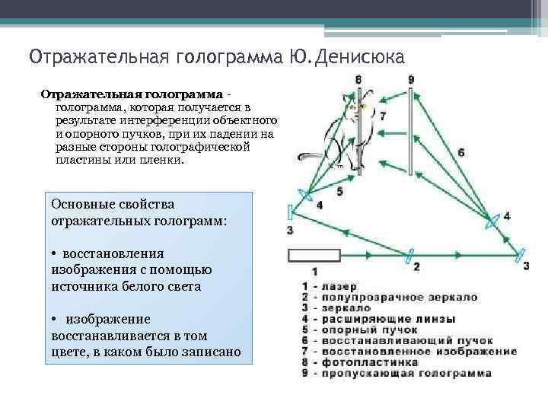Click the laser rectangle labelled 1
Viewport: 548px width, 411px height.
click(x=314, y=254)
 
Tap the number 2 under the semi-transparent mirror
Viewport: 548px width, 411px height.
click(x=416, y=266)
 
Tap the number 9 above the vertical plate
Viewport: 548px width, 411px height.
click(x=411, y=79)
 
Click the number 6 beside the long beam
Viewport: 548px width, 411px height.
click(x=461, y=152)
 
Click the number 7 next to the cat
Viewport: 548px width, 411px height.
click(x=382, y=116)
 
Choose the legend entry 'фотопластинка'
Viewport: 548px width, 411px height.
click(x=365, y=363)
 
